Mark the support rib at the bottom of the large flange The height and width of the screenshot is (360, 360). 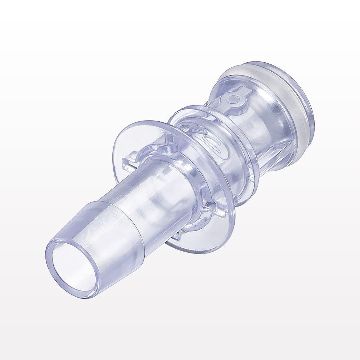[180, 236]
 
